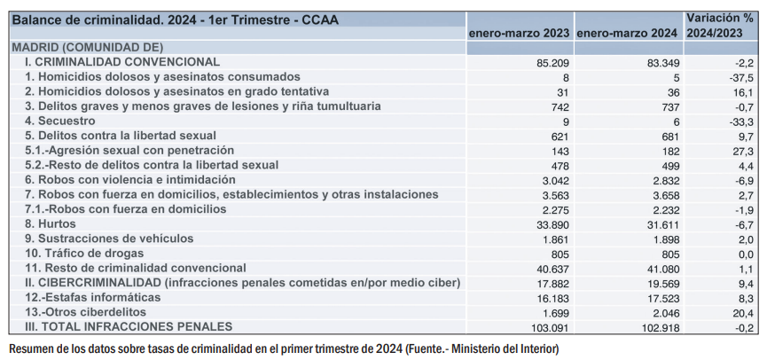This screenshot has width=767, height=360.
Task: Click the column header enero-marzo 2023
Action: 520,33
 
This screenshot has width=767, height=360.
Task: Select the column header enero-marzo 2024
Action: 628,33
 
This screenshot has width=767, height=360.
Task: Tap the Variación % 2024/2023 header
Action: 719,25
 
